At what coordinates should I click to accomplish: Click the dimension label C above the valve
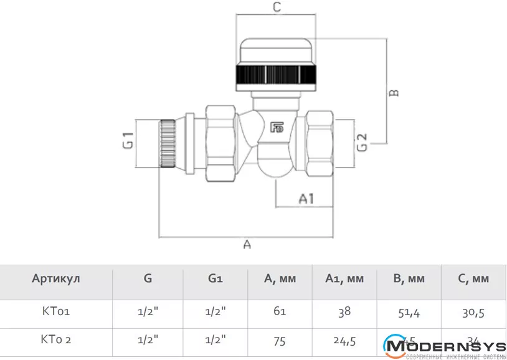(x=278, y=7)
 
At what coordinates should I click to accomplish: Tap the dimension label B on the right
(x=394, y=93)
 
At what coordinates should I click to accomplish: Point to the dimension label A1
(x=306, y=199)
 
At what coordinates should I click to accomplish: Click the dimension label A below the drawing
(x=247, y=245)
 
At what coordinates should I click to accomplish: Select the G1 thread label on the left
(x=128, y=141)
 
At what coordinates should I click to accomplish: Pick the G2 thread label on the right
(x=362, y=143)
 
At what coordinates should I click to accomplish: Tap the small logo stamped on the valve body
(x=277, y=129)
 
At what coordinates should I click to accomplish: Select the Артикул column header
(x=56, y=279)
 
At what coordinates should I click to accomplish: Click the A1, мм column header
(x=344, y=279)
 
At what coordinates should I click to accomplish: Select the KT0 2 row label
(x=56, y=339)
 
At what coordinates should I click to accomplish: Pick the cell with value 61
(x=280, y=312)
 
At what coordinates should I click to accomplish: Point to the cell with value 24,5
(x=344, y=339)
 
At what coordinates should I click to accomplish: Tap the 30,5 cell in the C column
(x=473, y=312)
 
